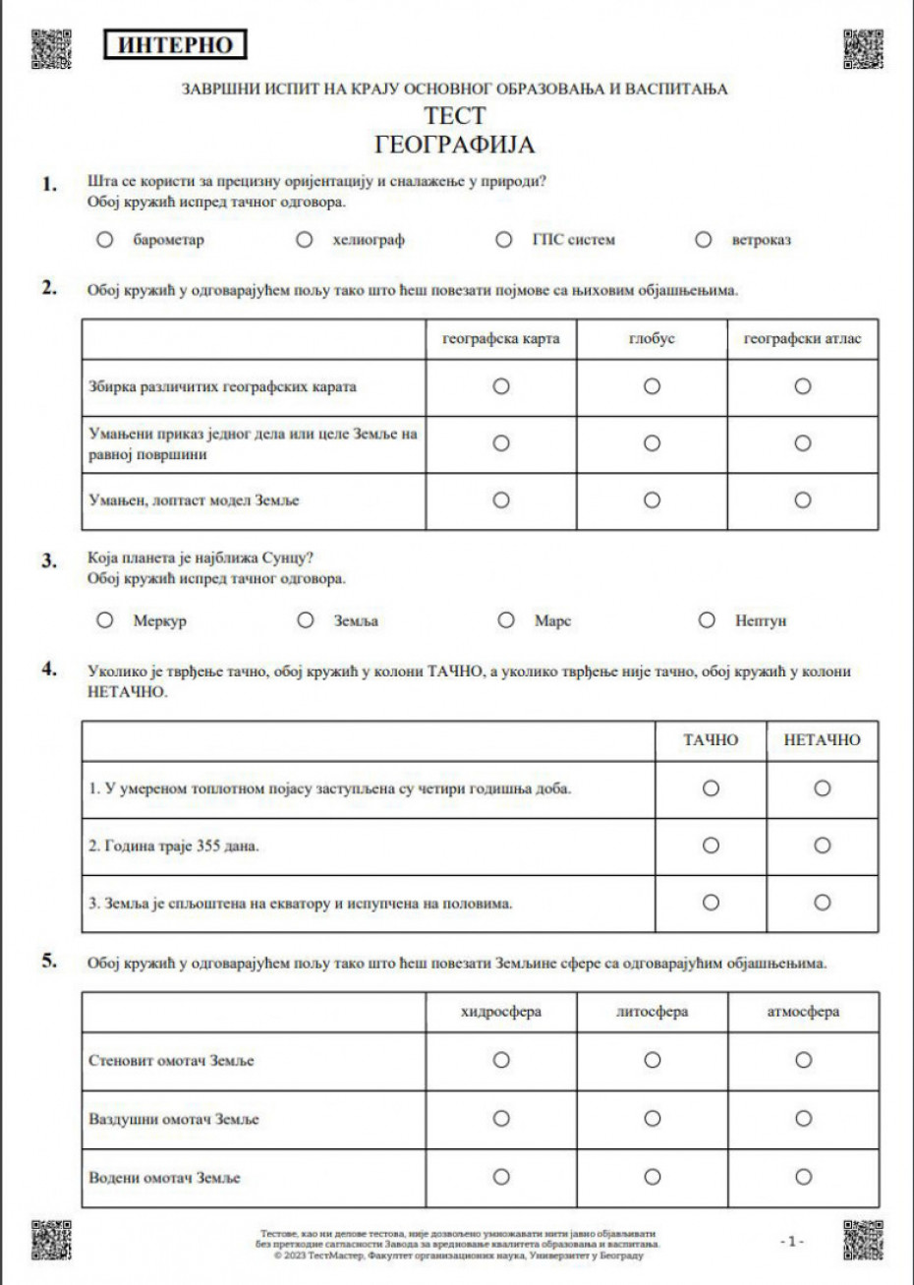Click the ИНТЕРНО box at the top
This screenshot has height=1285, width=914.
pos(175,44)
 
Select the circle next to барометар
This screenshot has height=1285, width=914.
pos(104,240)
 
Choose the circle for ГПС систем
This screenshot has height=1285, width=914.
pos(504,239)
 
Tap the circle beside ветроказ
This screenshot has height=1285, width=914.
pos(703,239)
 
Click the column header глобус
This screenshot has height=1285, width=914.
pos(652,339)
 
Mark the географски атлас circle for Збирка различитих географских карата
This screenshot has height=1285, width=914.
pos(803,386)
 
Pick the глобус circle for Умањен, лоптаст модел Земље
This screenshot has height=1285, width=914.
pos(652,500)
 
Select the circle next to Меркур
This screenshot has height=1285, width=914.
pos(105,620)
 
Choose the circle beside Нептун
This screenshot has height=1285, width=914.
pos(706,620)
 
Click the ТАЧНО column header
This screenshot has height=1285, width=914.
pos(711,740)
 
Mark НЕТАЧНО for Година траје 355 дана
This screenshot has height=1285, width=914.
pos(823,846)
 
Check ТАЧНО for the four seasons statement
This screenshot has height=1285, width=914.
pos(711,789)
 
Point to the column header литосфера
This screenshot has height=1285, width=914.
pos(652,1012)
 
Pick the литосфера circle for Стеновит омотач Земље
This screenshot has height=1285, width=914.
pos(652,1060)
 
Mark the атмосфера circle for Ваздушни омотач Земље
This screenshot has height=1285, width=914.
pos(803,1118)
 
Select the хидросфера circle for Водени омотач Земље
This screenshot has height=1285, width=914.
pos(501,1176)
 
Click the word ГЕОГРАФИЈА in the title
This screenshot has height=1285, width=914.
pos(455,145)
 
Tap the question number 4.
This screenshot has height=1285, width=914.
pos(48,669)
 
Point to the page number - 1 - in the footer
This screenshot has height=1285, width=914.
pos(792,1241)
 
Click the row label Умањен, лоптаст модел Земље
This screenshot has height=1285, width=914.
pos(194,501)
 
